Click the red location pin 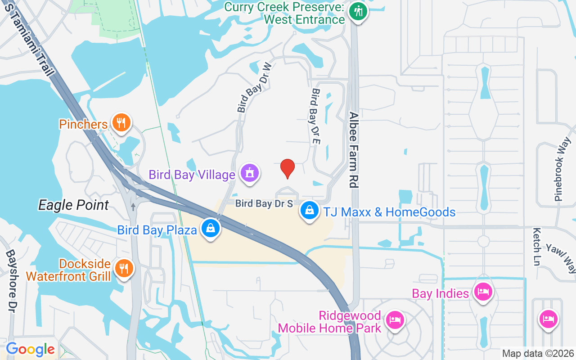tap(288, 168)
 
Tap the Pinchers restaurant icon tap(121, 122)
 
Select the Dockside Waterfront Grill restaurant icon tap(123, 268)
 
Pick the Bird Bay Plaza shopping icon tap(210, 228)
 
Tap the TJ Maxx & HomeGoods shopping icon tap(310, 210)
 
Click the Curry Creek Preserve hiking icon tap(358, 11)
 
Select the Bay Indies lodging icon tap(483, 292)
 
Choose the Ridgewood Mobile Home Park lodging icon tap(395, 320)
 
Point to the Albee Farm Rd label tap(354, 150)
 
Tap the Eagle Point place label tap(73, 205)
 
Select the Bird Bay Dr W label tap(255, 87)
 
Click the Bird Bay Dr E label tap(315, 116)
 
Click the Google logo tap(30, 349)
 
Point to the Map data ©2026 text tap(538, 354)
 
